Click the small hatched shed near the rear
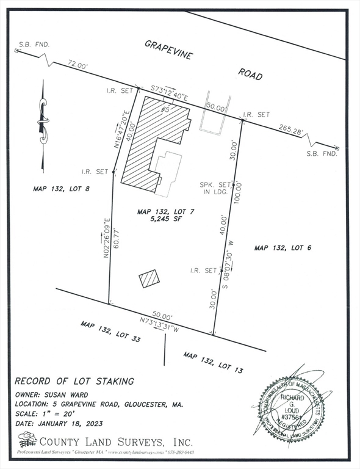coord(149,279)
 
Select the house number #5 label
coord(164,109)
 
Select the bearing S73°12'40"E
coord(171,91)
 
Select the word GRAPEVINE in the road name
coord(168,49)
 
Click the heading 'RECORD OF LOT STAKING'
coord(74,382)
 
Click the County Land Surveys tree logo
coord(27,440)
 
